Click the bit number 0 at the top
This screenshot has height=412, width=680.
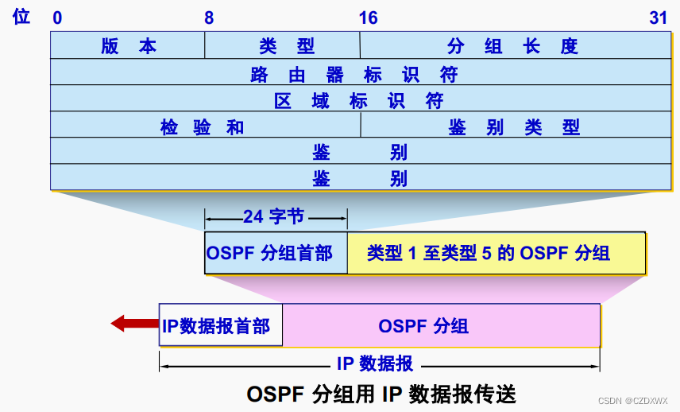pos(57,17)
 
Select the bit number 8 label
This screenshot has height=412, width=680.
pos(208,17)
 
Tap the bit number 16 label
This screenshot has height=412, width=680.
pos(368,17)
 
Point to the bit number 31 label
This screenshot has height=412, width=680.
pos(658,17)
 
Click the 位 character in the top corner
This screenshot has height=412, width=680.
pos(21,16)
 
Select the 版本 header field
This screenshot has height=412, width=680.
pos(128,45)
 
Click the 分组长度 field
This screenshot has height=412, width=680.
pos(512,45)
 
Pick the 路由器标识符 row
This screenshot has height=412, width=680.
pos(354,73)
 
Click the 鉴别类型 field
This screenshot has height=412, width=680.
pos(513,126)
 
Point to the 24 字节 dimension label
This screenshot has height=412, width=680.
pos(274,216)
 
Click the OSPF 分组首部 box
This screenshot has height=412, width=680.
pos(276,254)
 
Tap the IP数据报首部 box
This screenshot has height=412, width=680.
pos(216,325)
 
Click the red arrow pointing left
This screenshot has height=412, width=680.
pos(133,324)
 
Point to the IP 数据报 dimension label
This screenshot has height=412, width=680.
pos(375,363)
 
